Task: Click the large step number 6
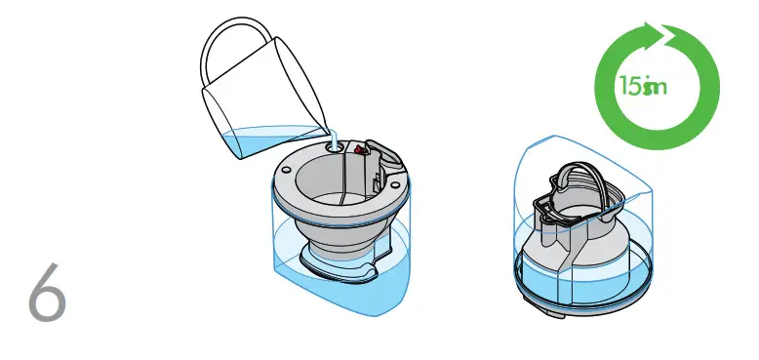tap(47, 292)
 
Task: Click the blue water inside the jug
tap(263, 141)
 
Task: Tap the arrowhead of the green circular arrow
tap(673, 40)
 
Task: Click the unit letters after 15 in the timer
tap(654, 88)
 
